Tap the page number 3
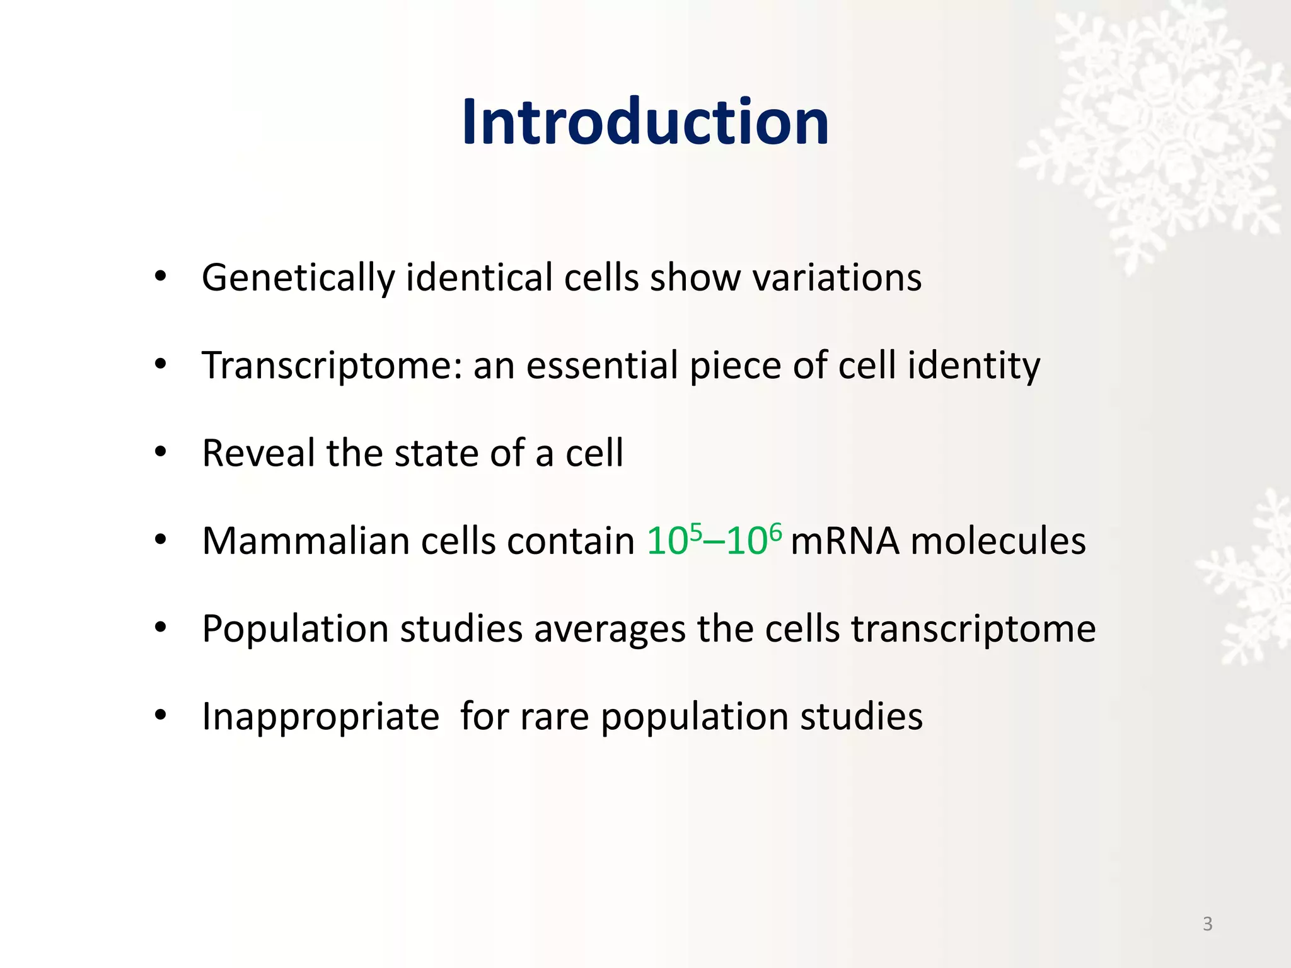click(1207, 924)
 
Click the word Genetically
click(298, 278)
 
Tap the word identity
click(973, 366)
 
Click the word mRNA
click(845, 541)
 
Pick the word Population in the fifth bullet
click(295, 629)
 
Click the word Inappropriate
click(320, 717)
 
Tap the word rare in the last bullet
click(555, 717)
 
